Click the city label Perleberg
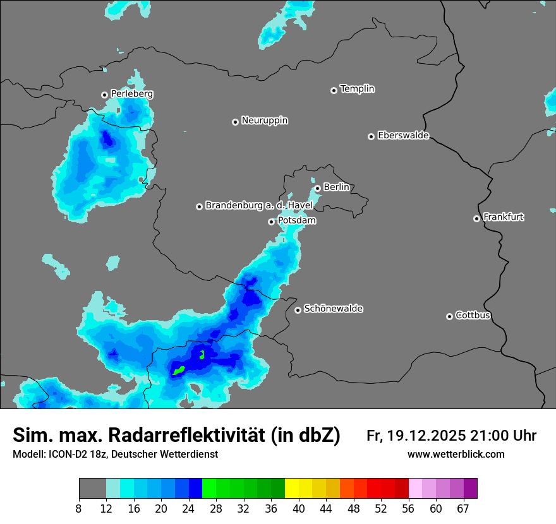[x=131, y=94]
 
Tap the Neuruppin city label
[x=264, y=121]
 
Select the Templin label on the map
[x=357, y=89]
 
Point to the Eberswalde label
[x=403, y=136]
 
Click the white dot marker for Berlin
[x=317, y=188]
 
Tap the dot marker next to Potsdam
[x=271, y=222]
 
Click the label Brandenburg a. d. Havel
[x=258, y=206]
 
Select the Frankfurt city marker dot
[x=476, y=218]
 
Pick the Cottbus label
[x=473, y=316]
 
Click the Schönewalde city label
[x=333, y=309]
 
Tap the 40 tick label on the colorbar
[x=299, y=509]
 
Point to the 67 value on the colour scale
[x=463, y=509]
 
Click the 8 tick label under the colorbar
[x=79, y=509]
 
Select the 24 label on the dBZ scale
[x=189, y=509]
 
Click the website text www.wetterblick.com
[x=456, y=455]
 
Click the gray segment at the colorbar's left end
[x=92, y=489]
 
